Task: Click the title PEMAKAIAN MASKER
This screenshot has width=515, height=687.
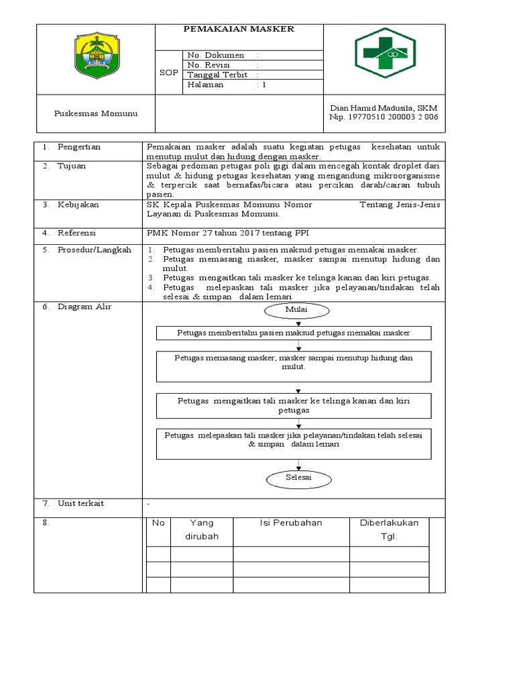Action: pos(239,29)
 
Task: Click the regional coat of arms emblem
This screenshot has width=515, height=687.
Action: pos(95,56)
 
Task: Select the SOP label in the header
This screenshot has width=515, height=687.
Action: pos(169,72)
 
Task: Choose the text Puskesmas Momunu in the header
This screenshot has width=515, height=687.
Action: pos(95,113)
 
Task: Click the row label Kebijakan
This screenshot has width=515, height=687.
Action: pos(78,205)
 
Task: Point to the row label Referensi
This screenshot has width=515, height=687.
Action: pos(77,233)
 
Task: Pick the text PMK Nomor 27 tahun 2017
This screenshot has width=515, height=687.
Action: pos(201,233)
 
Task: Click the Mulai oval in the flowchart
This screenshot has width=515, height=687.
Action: pos(297,311)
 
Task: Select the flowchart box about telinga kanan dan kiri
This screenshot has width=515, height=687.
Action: pos(294,405)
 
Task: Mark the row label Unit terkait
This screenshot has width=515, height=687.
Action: pos(81,503)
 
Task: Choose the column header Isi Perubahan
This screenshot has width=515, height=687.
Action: pos(291,523)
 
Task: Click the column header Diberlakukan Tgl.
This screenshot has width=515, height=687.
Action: pos(389,530)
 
